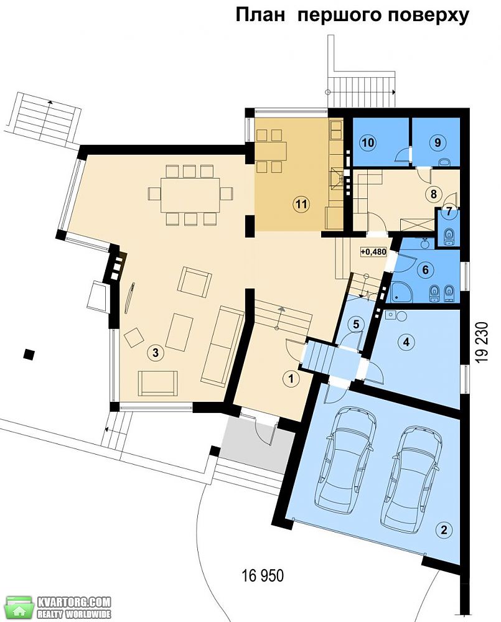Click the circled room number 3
[x=156, y=352]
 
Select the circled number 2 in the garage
[x=444, y=529]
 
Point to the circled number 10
[x=368, y=142]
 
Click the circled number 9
[x=438, y=142]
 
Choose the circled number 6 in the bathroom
[x=426, y=270]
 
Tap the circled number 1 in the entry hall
[x=292, y=378]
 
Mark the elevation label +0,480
[x=373, y=251]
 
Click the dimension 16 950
[x=263, y=575]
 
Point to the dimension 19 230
[x=482, y=341]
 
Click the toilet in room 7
[x=449, y=235]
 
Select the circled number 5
[x=356, y=324]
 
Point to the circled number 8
[x=434, y=194]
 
